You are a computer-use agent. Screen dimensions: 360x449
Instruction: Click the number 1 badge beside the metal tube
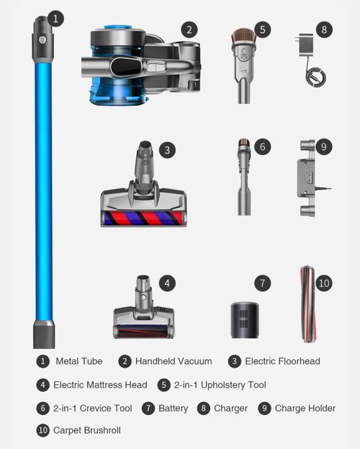tap(55, 19)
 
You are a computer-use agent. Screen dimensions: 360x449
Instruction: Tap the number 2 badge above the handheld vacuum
tap(189, 29)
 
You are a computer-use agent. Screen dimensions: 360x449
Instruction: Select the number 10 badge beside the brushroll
tap(324, 283)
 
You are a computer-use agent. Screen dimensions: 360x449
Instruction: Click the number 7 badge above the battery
tap(262, 283)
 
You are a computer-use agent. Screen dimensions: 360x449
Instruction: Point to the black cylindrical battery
tap(245, 320)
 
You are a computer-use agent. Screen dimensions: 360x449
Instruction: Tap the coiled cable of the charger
tap(316, 76)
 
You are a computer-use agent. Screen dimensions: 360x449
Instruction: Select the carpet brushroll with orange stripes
tap(308, 304)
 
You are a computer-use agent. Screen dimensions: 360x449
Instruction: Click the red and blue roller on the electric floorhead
tap(143, 218)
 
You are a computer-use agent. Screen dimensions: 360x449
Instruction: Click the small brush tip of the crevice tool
tap(244, 143)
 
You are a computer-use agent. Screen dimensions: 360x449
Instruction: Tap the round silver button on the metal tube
tap(43, 40)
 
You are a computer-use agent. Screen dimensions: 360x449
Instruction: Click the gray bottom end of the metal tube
tap(44, 334)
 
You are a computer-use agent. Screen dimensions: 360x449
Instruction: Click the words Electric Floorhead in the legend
tap(283, 361)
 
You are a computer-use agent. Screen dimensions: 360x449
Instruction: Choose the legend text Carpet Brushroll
tap(87, 430)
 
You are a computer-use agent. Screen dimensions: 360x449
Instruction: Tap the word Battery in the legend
tap(173, 408)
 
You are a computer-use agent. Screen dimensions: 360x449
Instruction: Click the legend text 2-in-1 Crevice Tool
tap(92, 408)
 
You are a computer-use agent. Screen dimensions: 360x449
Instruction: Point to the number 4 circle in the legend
tap(43, 385)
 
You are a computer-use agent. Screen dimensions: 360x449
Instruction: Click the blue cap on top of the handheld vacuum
tap(118, 27)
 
